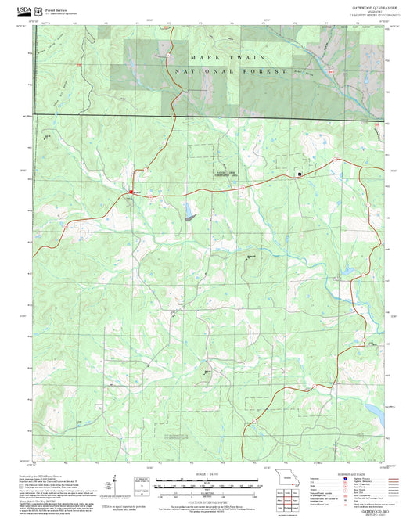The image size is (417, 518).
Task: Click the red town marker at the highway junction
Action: (131, 191)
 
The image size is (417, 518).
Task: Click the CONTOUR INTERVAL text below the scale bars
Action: (208, 501)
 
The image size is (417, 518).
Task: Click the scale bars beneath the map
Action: (208, 487)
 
